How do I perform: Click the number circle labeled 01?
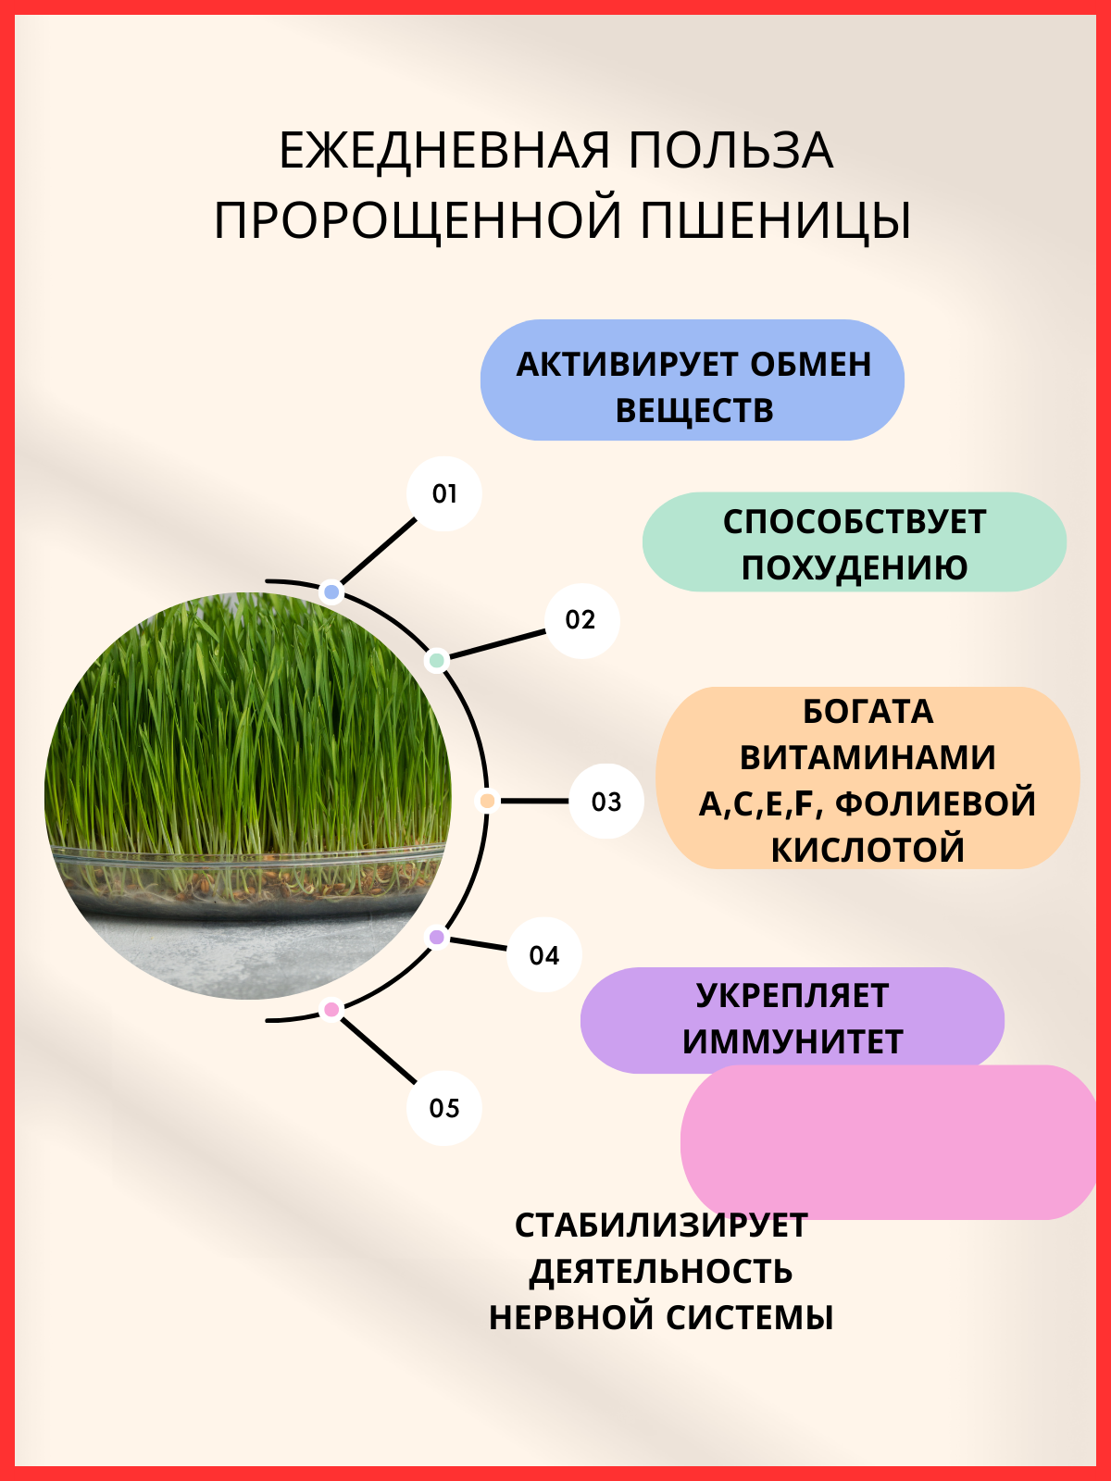444,493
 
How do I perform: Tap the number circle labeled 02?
580,620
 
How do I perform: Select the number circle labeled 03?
606,802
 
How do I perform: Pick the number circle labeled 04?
544,955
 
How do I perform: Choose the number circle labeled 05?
444,1108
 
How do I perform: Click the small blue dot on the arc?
331,591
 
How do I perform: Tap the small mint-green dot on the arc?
436,660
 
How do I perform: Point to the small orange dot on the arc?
487,801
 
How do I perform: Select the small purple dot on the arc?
437,938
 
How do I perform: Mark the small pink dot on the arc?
331,1009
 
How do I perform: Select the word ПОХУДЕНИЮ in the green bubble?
854,567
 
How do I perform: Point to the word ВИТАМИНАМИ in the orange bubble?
868,757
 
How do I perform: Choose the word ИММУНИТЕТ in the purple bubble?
793,1042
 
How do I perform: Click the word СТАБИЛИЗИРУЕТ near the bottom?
661,1226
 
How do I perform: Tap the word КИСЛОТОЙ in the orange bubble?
868,850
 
